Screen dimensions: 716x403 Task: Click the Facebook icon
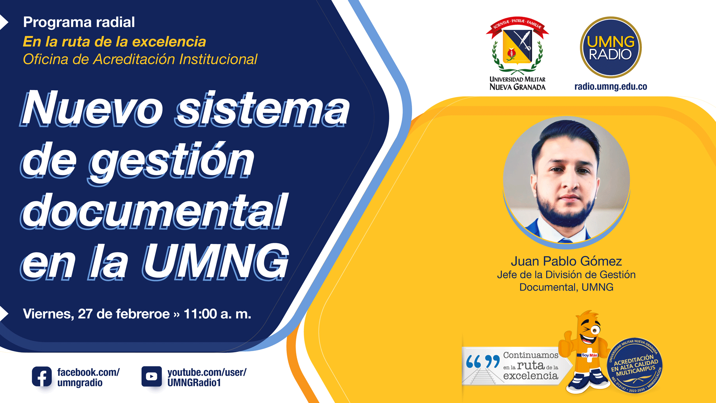click(x=42, y=377)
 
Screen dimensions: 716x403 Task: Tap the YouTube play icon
click(x=151, y=377)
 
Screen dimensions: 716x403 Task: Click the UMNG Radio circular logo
click(x=610, y=47)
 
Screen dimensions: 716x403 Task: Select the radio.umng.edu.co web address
click(x=610, y=87)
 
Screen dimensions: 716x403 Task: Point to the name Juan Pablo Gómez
click(x=566, y=261)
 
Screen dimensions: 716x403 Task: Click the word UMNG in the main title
click(x=216, y=262)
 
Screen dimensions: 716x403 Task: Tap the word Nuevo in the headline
click(x=92, y=108)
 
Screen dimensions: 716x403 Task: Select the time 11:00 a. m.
click(x=217, y=314)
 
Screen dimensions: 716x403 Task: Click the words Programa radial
click(x=79, y=22)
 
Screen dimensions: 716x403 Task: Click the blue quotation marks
click(x=483, y=362)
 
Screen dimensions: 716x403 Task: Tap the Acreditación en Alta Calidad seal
click(x=635, y=365)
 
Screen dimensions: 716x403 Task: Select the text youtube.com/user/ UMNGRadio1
click(x=207, y=377)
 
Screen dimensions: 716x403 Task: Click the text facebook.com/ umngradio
click(x=88, y=377)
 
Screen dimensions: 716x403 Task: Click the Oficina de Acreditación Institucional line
click(x=140, y=59)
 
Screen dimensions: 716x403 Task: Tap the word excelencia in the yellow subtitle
click(x=169, y=42)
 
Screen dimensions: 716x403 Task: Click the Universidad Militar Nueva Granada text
click(x=517, y=84)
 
